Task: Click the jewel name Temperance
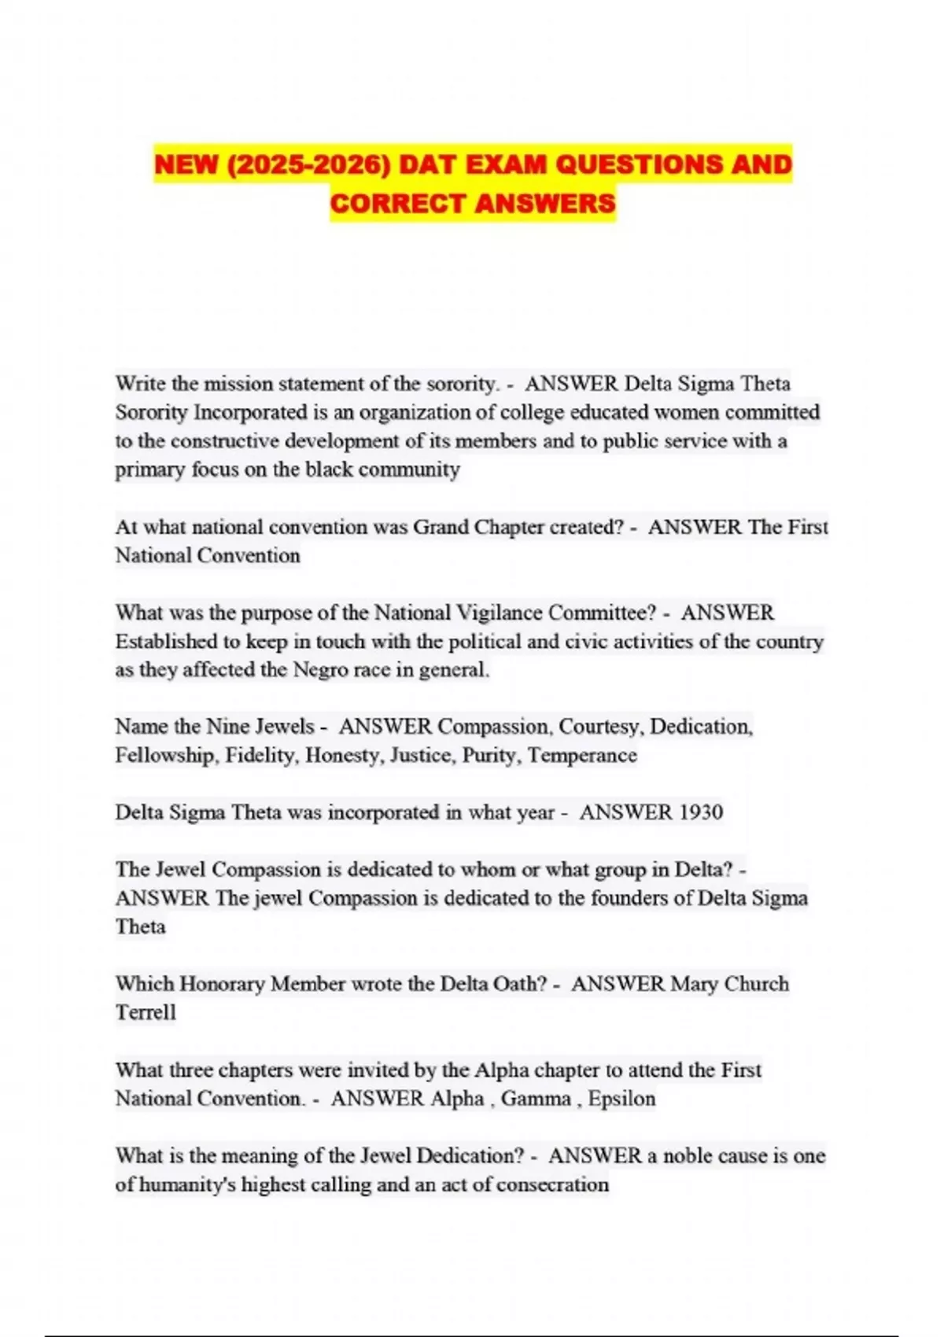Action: pos(582,756)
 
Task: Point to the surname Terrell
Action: pos(146,1013)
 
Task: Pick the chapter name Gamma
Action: pos(536,1099)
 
